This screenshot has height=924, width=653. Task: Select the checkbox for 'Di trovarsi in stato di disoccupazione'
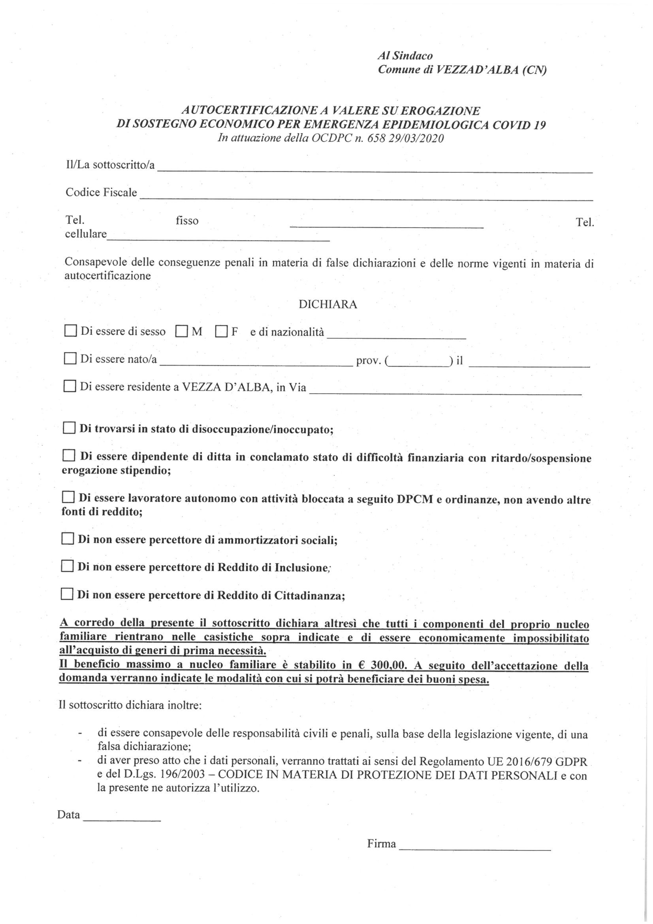click(x=69, y=428)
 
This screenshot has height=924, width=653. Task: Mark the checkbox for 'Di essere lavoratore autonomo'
click(x=68, y=498)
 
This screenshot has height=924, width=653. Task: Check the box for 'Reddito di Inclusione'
click(x=67, y=567)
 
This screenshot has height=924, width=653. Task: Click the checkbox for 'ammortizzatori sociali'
click(x=67, y=539)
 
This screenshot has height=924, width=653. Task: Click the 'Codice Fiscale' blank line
click(x=366, y=197)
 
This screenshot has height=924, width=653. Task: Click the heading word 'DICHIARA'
click(x=328, y=304)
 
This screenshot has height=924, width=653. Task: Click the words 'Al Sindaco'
click(x=405, y=56)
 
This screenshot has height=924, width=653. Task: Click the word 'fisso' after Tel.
click(x=187, y=220)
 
